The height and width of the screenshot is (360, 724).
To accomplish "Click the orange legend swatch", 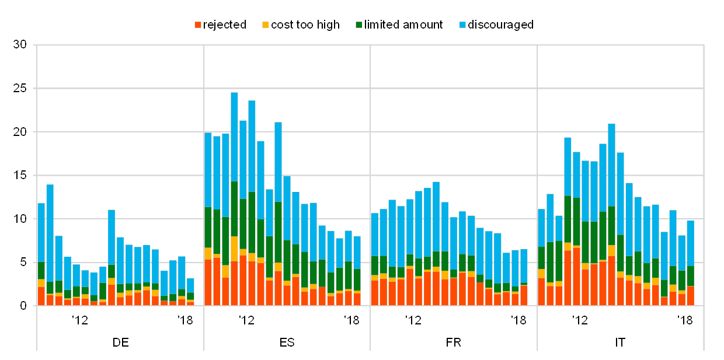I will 198,25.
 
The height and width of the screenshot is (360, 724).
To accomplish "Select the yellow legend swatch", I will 265,25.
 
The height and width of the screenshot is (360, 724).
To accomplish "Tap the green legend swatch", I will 359,25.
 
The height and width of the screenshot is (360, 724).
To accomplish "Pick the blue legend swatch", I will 463,25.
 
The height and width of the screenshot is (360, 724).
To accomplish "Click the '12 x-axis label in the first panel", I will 79,319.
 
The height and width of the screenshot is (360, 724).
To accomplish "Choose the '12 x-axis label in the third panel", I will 413,319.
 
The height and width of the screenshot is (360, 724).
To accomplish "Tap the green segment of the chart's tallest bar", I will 234,208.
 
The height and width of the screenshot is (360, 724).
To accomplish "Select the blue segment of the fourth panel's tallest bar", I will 611,165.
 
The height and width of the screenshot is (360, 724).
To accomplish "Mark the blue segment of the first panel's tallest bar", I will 50,233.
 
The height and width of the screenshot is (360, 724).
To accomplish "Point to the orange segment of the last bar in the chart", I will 690,295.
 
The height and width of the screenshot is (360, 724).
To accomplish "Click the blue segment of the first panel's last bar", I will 190,285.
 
